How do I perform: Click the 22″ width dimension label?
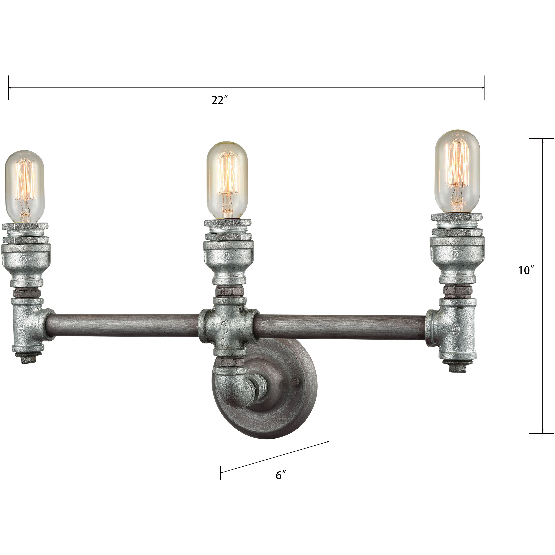[x=220, y=100]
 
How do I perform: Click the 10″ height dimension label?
[x=526, y=270]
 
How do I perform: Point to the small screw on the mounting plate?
[x=296, y=382]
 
